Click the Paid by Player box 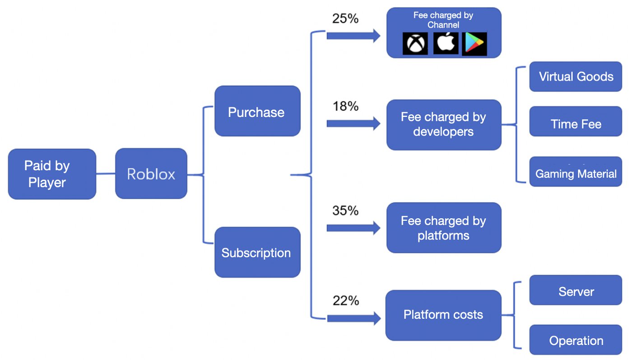pos(52,174)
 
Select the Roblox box pos(151,173)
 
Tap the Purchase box pos(257,111)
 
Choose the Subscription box pos(257,252)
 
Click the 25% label pos(345,19)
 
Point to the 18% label pos(345,106)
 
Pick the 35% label pos(345,210)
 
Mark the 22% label pos(346,301)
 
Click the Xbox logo pos(415,43)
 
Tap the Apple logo pos(446,43)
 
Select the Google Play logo pos(474,43)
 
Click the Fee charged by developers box pos(444,125)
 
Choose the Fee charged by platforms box pos(444,228)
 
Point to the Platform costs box pos(443,315)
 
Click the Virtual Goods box pos(576,76)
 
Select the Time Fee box pos(576,122)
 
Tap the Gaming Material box pos(576,171)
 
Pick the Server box pos(576,290)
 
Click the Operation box pos(576,340)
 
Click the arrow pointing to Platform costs pos(354,318)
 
